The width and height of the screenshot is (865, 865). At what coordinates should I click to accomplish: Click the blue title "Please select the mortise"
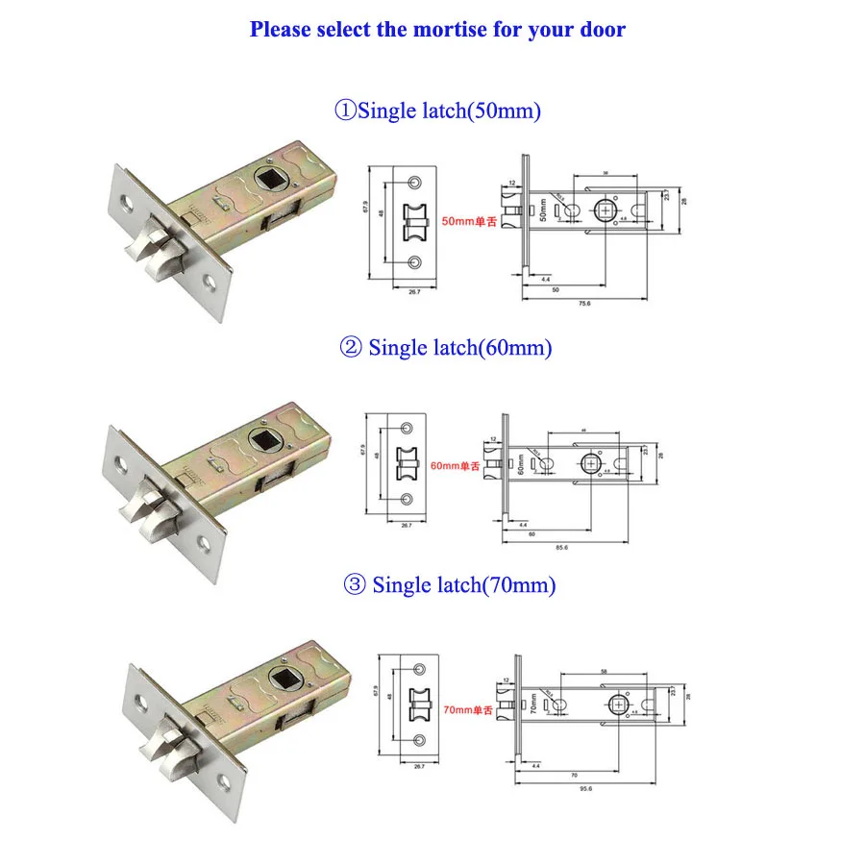click(x=437, y=29)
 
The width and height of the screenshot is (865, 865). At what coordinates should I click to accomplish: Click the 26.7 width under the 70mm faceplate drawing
click(x=420, y=766)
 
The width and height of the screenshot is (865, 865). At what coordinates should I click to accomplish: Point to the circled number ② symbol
click(x=350, y=348)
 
